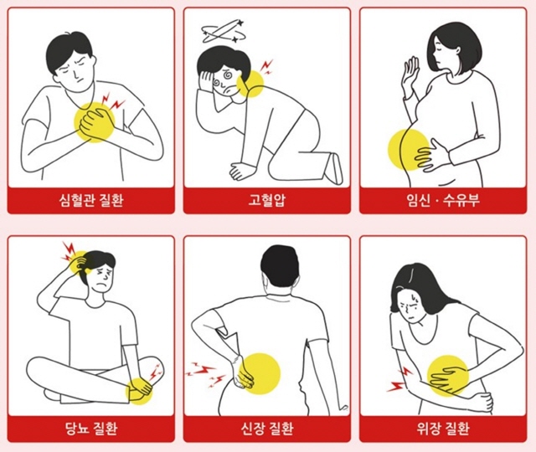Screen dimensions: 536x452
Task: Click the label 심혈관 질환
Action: [x=91, y=200]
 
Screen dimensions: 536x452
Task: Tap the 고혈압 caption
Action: [x=267, y=200]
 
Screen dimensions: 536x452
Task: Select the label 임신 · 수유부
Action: [x=443, y=200]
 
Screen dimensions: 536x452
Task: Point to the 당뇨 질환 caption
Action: [x=91, y=428]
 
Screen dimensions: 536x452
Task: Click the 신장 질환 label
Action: [x=267, y=428]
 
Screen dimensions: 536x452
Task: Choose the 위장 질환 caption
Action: [x=443, y=428]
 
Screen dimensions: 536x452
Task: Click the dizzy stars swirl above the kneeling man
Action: [x=224, y=32]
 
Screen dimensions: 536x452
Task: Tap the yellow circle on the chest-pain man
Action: [x=95, y=122]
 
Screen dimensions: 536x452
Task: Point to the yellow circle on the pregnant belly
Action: [x=409, y=150]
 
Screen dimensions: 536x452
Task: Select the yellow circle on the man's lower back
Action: [x=260, y=373]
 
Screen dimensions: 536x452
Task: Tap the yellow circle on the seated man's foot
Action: [x=140, y=391]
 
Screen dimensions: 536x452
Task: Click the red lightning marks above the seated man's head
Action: [x=69, y=251]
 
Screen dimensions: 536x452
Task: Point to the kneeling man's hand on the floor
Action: [x=242, y=171]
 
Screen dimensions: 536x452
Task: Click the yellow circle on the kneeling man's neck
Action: [x=250, y=84]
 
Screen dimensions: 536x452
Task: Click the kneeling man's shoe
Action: [x=334, y=169]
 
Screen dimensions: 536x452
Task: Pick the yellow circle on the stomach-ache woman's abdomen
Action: [x=448, y=375]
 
